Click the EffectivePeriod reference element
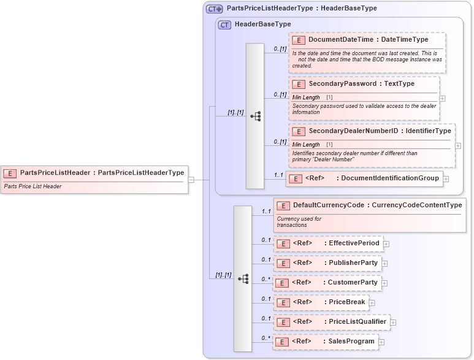(x=328, y=243)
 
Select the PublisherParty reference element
(x=327, y=263)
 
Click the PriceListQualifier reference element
(x=332, y=321)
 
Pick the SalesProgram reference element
(x=326, y=341)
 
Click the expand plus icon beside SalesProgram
(x=381, y=342)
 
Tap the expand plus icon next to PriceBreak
(x=372, y=302)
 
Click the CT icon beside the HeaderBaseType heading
(x=225, y=25)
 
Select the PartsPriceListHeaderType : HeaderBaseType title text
(x=302, y=9)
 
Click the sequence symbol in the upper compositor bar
(x=256, y=115)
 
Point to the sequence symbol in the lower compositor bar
(x=243, y=278)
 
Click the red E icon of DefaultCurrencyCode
(x=283, y=205)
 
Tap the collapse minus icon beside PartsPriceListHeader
(x=191, y=180)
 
